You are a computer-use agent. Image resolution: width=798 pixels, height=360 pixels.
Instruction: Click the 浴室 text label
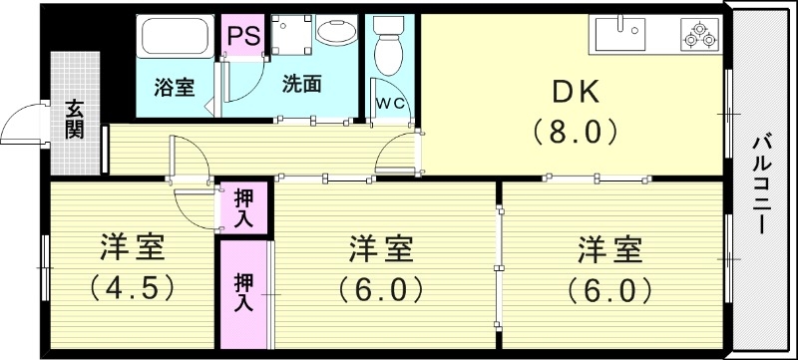point(174,87)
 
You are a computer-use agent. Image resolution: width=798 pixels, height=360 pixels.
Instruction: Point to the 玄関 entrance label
point(75,118)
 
